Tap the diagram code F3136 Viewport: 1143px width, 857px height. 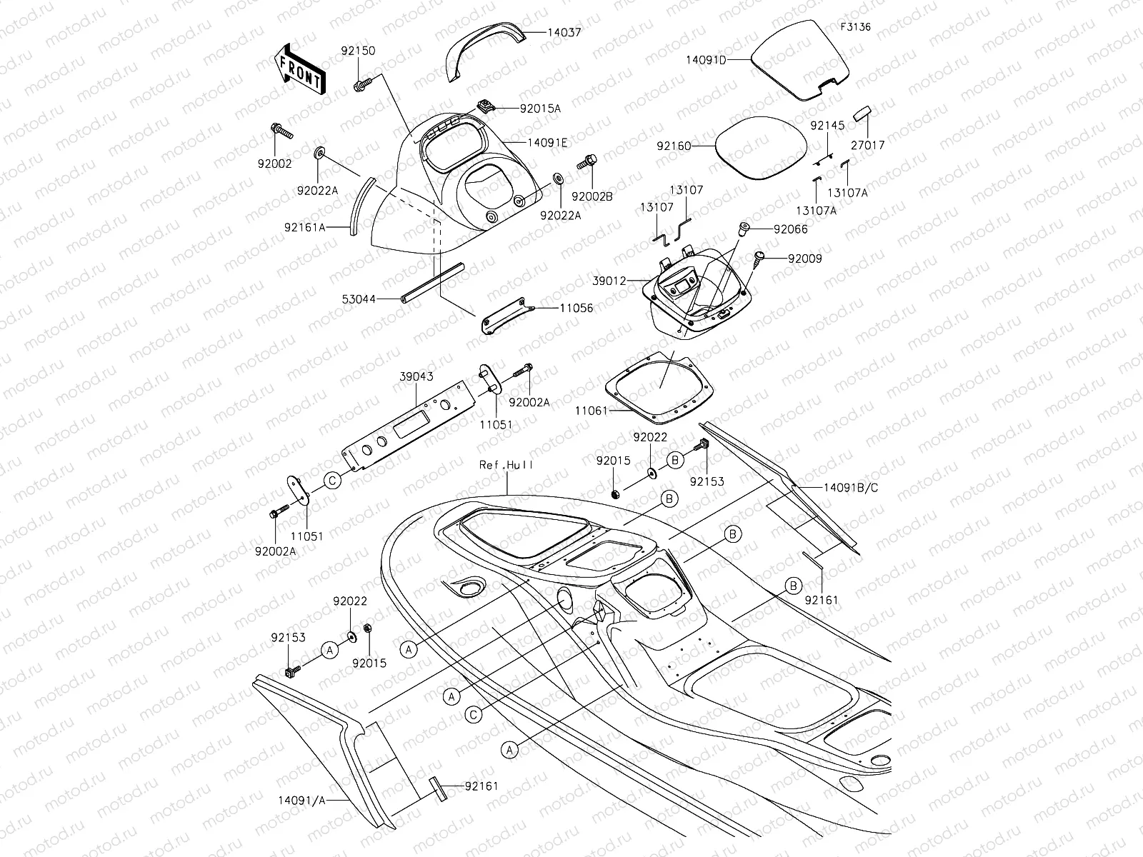[x=855, y=27]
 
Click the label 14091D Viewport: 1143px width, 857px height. [x=706, y=60]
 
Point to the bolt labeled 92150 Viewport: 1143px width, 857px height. [x=361, y=85]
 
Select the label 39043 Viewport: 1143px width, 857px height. [x=416, y=376]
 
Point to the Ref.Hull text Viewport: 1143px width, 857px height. [x=506, y=464]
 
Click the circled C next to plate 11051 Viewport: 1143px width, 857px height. [x=332, y=481]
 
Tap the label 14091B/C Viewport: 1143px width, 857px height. [x=851, y=488]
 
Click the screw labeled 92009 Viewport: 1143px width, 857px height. [x=759, y=256]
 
